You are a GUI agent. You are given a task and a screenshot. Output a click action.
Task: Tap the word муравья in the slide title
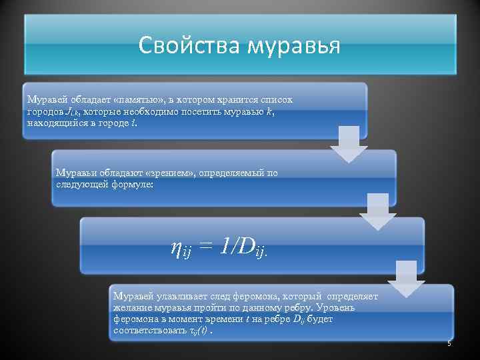294,46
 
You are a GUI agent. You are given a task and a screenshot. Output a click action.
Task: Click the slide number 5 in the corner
449,343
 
